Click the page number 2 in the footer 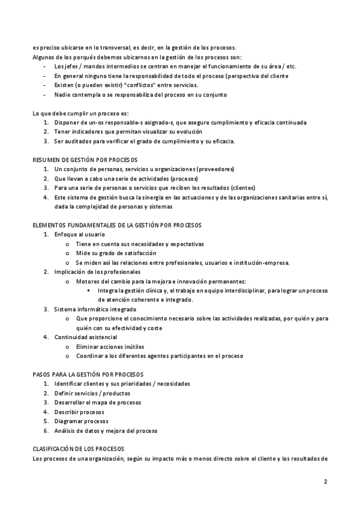click(x=325, y=481)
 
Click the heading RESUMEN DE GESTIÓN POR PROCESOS click(x=85, y=160)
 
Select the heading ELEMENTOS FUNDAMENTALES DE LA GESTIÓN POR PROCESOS click(x=116, y=224)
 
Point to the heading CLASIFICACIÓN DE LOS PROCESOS click(x=78, y=449)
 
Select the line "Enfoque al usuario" click(x=79, y=234)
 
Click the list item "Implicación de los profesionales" click(x=97, y=272)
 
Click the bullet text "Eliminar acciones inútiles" click(x=110, y=346)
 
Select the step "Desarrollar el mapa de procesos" click(x=97, y=402)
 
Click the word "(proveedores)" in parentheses click(x=214, y=169)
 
